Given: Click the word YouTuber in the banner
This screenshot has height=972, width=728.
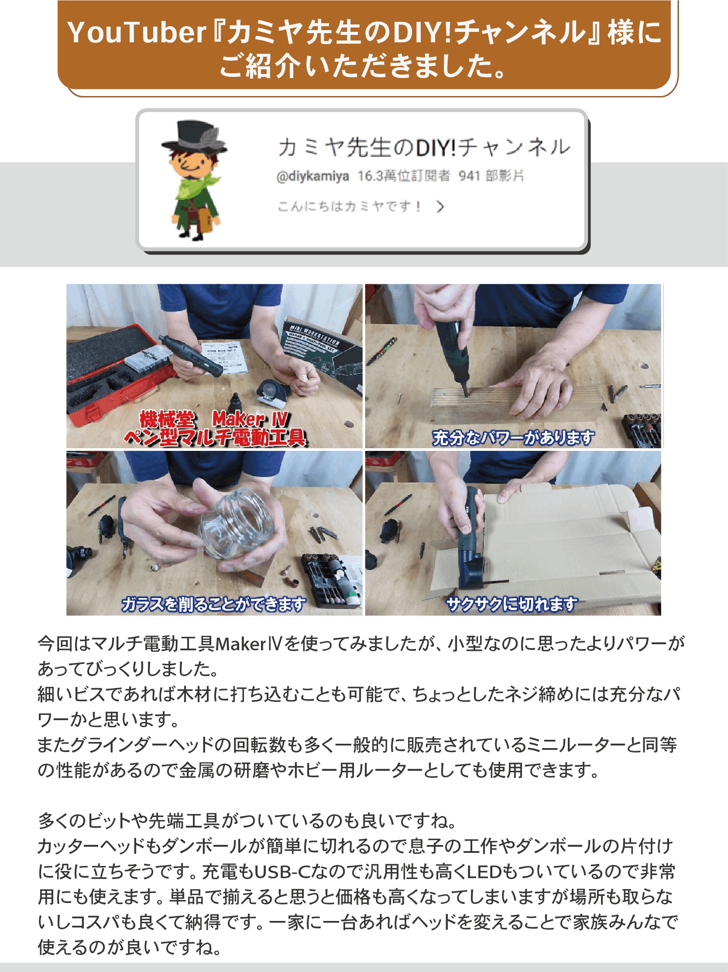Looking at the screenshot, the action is click(137, 33).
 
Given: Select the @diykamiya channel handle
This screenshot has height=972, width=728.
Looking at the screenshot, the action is click(313, 176).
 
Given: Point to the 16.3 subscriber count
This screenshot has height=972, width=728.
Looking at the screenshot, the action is click(370, 176).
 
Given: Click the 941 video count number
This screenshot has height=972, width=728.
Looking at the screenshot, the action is click(469, 176).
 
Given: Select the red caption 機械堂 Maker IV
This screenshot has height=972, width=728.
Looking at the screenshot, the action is click(214, 419).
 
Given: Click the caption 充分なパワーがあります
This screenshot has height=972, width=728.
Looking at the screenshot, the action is click(513, 438).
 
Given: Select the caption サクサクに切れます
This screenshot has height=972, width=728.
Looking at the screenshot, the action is click(512, 604).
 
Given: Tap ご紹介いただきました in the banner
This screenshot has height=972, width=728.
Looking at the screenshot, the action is click(364, 66).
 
